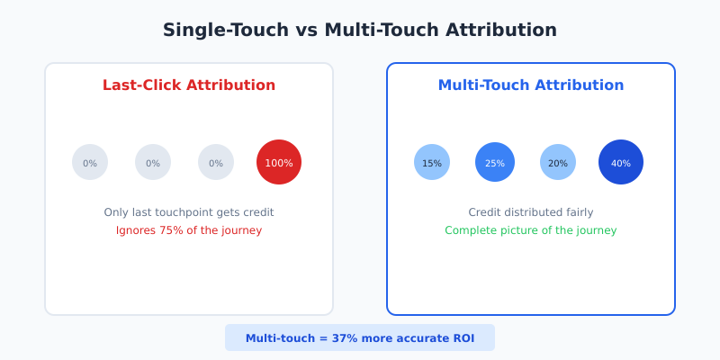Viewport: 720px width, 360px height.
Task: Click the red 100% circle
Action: pos(279,162)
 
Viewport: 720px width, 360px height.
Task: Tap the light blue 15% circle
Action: pos(432,162)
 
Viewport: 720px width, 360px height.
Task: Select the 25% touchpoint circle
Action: pos(495,162)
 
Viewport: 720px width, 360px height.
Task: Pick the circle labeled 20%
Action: pos(558,162)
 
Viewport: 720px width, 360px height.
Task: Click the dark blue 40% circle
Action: pos(621,162)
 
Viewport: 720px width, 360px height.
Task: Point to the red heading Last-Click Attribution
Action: pos(189,85)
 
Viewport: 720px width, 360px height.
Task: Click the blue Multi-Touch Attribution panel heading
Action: pos(531,85)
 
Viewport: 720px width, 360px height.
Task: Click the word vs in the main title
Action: pos(305,30)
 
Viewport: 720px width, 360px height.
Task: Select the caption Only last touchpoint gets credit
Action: pos(189,212)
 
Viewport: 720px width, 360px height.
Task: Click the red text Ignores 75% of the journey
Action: pos(189,230)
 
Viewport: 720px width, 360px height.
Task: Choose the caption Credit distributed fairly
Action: pos(531,212)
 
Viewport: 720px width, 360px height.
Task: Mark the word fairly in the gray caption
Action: pos(578,212)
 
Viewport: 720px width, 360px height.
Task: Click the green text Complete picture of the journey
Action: pos(531,230)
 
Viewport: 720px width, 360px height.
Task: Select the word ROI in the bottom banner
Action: pos(462,338)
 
